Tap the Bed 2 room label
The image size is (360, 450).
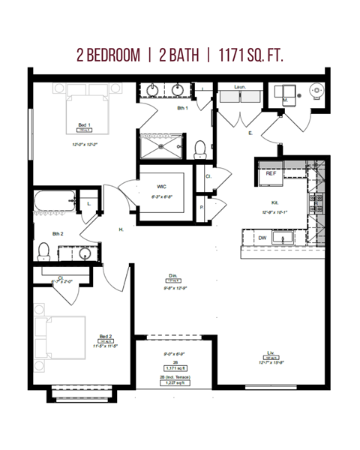coord(106,337)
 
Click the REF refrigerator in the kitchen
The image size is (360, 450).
coord(271,173)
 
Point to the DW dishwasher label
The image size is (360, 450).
coord(262,238)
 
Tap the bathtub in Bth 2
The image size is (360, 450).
coord(55,202)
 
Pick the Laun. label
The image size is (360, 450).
coord(240,87)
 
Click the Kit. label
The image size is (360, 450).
coord(275,202)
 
